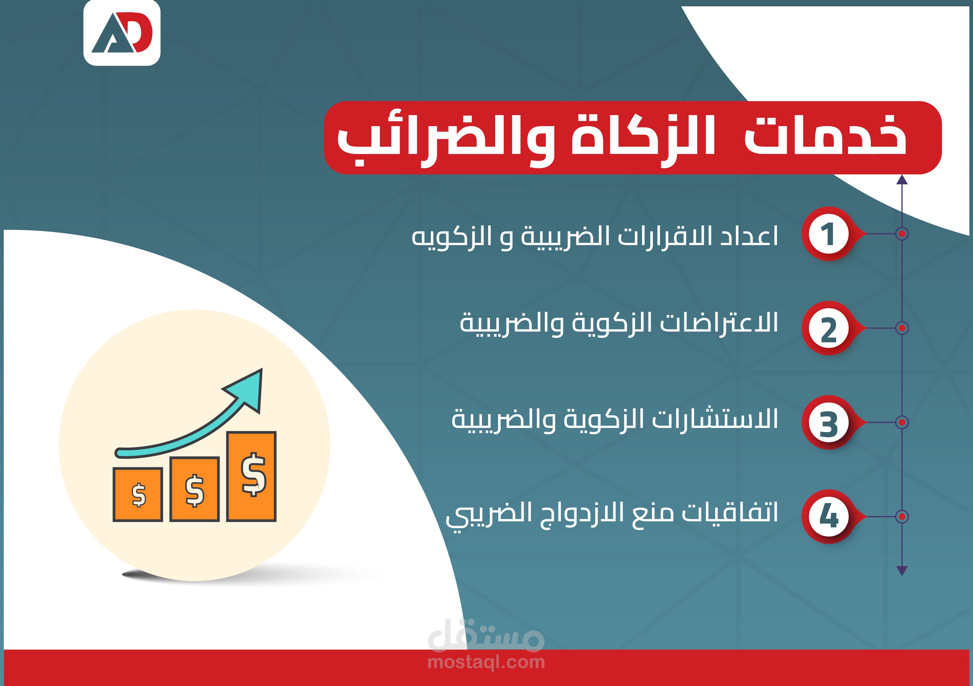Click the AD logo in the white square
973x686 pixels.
click(122, 33)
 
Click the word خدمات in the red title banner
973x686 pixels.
click(825, 135)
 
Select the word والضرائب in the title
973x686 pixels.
click(445, 140)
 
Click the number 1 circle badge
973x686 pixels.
click(828, 234)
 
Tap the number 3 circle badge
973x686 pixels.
click(828, 422)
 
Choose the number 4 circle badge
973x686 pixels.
click(828, 516)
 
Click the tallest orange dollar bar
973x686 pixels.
click(251, 476)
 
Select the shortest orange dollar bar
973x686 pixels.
click(138, 494)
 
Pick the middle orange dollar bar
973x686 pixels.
click(195, 489)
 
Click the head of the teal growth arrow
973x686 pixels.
click(246, 390)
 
